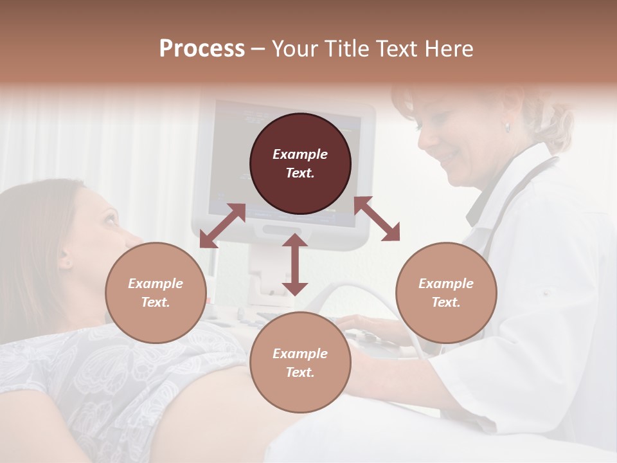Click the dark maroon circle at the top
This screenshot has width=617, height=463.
(300, 164)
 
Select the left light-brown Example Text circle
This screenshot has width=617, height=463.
(156, 293)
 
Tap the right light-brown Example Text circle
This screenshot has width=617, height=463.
(446, 293)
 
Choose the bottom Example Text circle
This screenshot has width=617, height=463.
(300, 363)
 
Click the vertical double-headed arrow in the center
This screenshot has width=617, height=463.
(295, 264)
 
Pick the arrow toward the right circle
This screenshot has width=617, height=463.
(377, 219)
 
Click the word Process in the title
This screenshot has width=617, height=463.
(202, 48)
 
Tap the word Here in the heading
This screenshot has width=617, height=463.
(449, 48)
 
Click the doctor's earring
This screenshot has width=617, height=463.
(507, 128)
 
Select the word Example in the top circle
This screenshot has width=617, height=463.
(300, 154)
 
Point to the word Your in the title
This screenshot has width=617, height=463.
(293, 48)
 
